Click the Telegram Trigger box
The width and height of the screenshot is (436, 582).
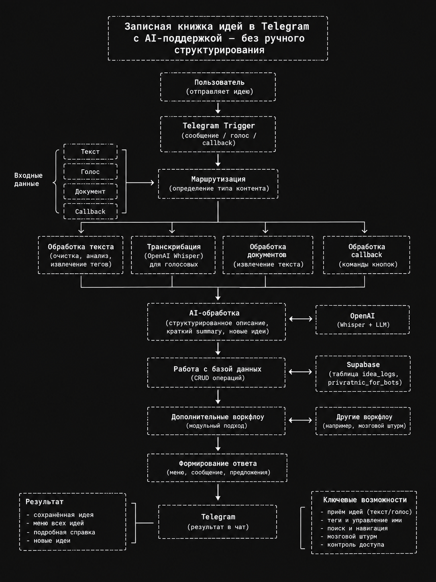[x=218, y=134]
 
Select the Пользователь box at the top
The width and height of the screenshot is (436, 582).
[x=218, y=87]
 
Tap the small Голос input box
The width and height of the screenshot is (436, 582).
[x=90, y=172]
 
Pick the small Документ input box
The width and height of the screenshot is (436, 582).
[x=90, y=191]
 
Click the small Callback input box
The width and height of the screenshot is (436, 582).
[x=90, y=211]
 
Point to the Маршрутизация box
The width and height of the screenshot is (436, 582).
[x=218, y=184]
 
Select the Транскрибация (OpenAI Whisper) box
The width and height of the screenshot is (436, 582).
[x=173, y=255]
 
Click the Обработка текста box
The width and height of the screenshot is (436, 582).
[x=81, y=255]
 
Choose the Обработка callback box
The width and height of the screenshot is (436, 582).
[x=367, y=255]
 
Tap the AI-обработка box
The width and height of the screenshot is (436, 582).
[x=216, y=322]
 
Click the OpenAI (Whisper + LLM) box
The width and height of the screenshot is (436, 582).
[x=363, y=320]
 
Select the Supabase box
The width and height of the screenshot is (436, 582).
[x=363, y=373]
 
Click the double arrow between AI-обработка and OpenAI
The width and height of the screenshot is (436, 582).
[x=301, y=319]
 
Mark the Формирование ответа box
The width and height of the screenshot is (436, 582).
[x=217, y=468]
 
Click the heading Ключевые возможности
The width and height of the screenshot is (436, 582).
[x=365, y=500]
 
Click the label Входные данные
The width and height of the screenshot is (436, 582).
[x=29, y=180]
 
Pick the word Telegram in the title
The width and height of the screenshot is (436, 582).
[x=285, y=27]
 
